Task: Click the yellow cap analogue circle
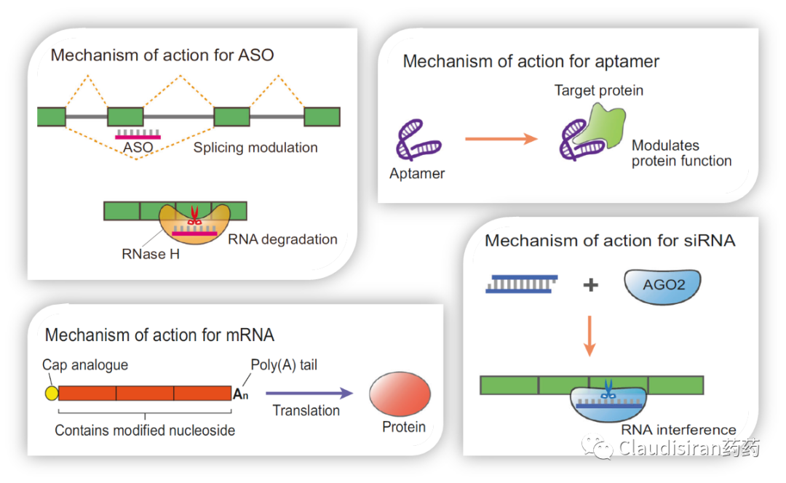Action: click(51, 394)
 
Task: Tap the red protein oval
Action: click(400, 396)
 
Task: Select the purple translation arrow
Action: click(309, 394)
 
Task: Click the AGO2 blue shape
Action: click(662, 285)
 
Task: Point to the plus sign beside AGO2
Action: click(590, 285)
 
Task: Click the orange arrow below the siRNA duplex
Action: click(589, 339)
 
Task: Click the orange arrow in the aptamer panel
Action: click(501, 138)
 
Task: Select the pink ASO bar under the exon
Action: click(138, 136)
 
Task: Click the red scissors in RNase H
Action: click(194, 215)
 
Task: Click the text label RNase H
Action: click(151, 255)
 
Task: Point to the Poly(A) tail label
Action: click(284, 365)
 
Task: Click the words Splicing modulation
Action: click(255, 148)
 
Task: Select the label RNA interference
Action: click(678, 430)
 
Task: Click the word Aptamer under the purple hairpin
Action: click(417, 174)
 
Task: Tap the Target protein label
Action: click(599, 91)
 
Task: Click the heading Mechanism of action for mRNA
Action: click(159, 335)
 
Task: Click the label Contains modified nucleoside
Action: click(145, 431)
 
